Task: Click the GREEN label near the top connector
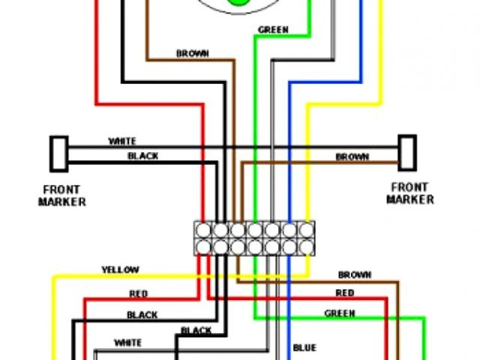(273, 31)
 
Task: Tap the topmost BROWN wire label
(193, 54)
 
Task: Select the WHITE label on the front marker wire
(122, 141)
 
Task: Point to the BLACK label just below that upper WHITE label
(142, 156)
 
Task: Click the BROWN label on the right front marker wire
(352, 157)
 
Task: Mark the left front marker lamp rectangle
(58, 153)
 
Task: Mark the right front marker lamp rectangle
(407, 153)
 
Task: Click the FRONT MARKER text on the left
(62, 195)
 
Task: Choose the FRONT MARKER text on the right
(409, 193)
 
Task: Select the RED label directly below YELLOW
(139, 293)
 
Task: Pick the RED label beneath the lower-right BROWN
(345, 293)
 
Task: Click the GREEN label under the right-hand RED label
(340, 313)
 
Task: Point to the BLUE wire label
(304, 348)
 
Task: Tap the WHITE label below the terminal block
(127, 343)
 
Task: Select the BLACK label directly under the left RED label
(142, 315)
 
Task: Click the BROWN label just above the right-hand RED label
(355, 275)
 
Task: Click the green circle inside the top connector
(238, 3)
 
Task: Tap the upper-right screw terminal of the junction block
(307, 229)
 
